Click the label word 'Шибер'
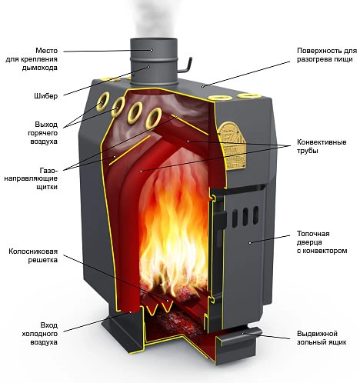(x=45, y=96)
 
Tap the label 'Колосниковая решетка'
(x=33, y=255)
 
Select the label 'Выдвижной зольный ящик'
(x=322, y=338)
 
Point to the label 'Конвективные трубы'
(x=322, y=146)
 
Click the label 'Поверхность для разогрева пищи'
(x=327, y=55)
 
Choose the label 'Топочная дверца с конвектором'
(x=322, y=242)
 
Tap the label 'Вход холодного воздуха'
(x=40, y=334)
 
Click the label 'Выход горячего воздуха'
(x=42, y=133)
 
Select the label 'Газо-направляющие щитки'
(x=31, y=178)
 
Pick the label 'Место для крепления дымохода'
(x=32, y=59)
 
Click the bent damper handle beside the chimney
(x=185, y=66)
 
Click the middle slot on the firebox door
(x=245, y=217)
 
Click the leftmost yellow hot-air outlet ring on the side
(x=102, y=102)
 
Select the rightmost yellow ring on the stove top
(x=248, y=96)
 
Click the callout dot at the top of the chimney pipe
(x=152, y=50)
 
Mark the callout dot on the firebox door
(x=250, y=242)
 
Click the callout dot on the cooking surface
(x=202, y=87)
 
